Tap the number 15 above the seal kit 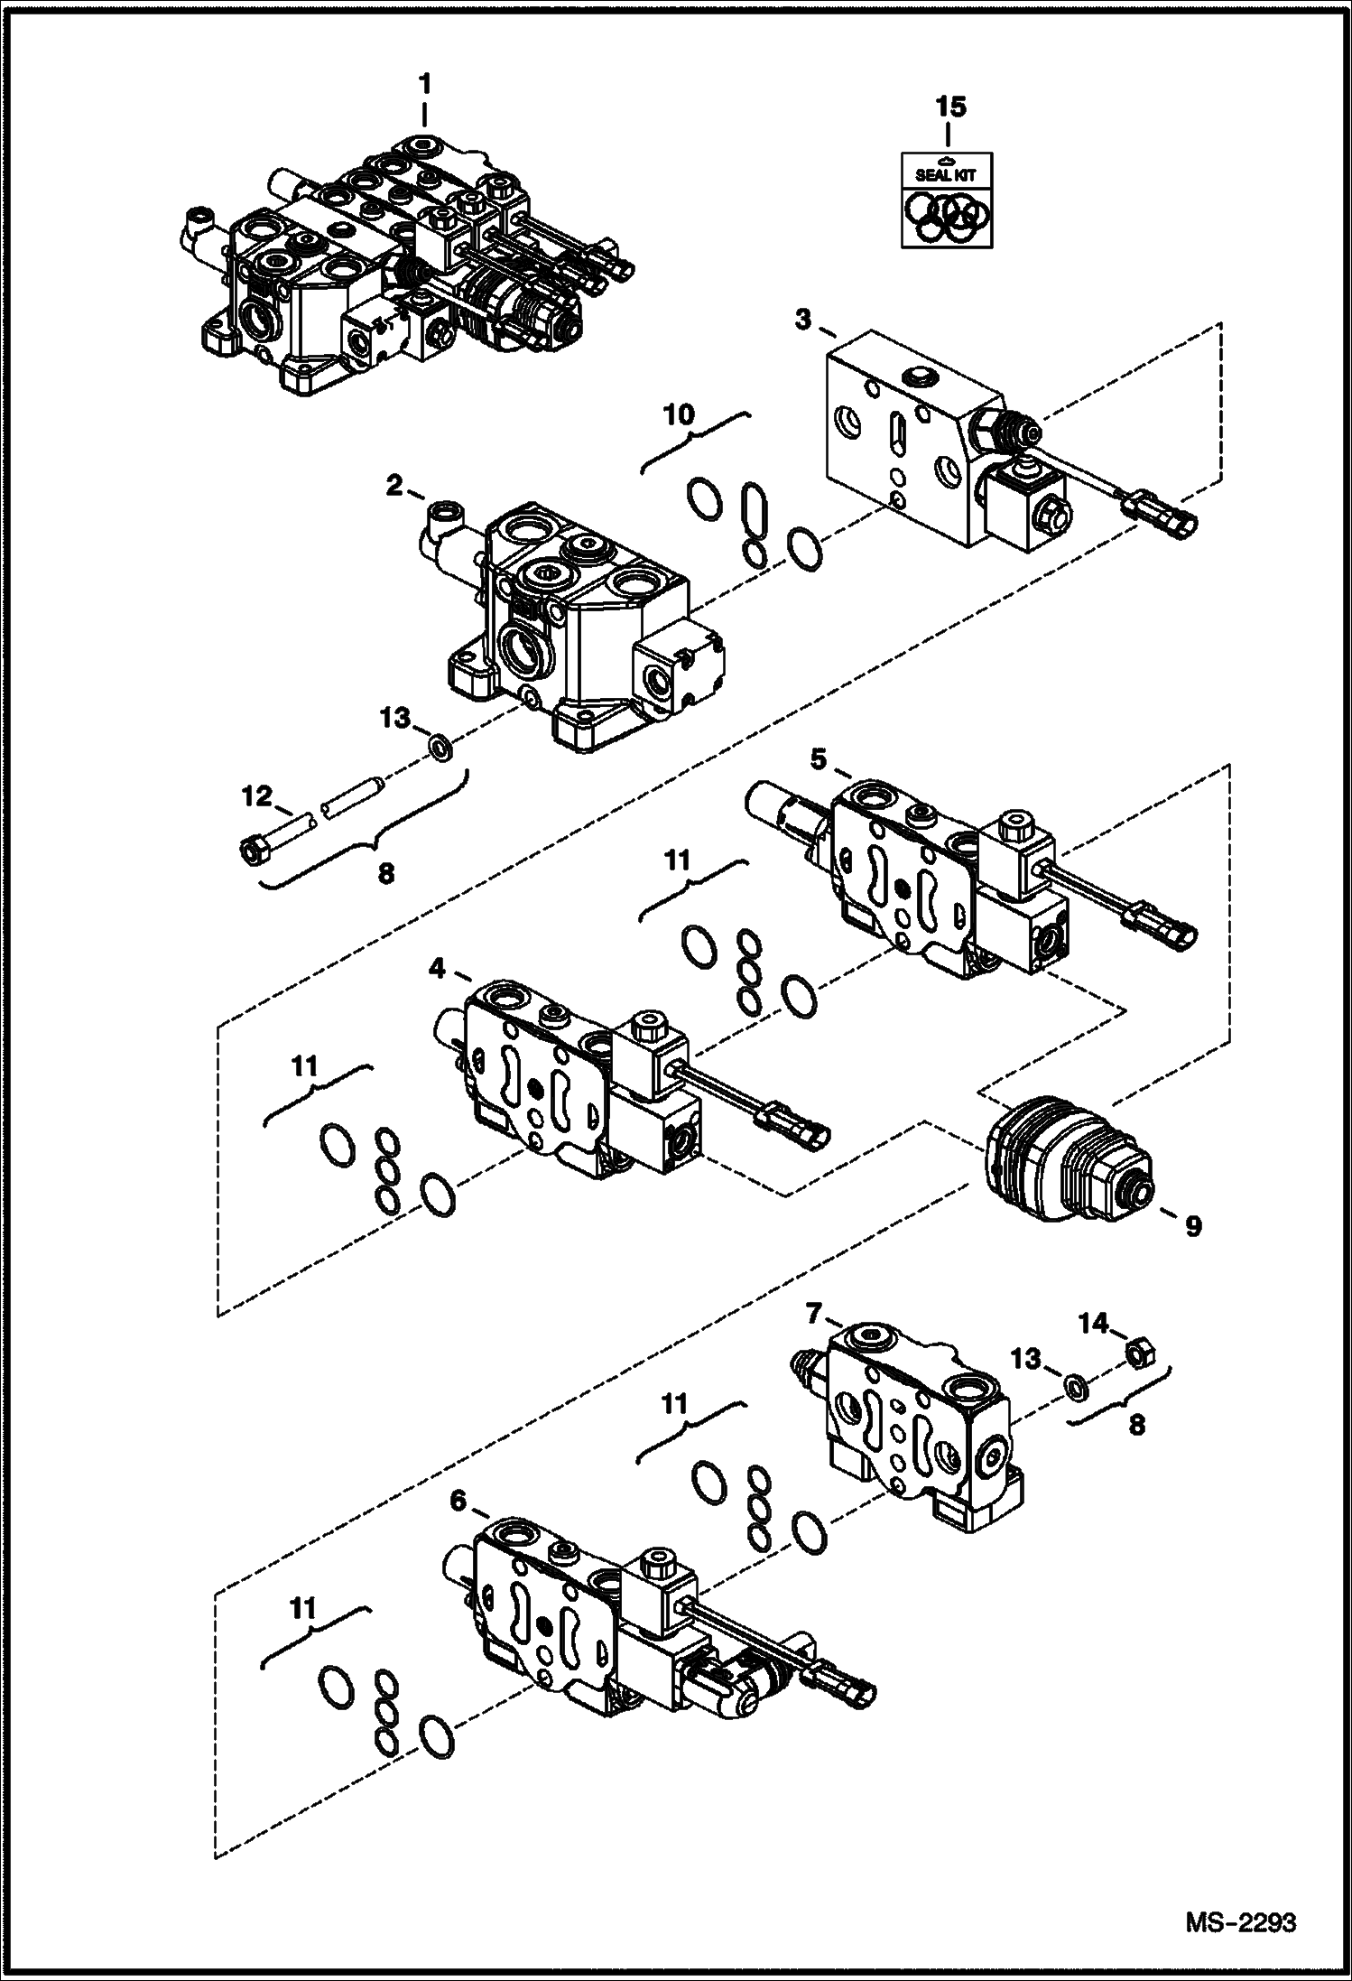coord(950,107)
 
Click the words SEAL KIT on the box coord(939,175)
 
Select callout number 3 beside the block coord(802,319)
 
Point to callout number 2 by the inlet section coord(394,486)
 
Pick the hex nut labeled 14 coord(1139,1352)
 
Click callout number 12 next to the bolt coord(256,796)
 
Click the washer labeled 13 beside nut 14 coord(1073,1385)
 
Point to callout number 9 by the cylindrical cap coord(1192,1227)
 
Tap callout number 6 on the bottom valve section coord(458,1501)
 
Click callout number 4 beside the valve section coord(437,969)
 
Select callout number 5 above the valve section coord(818,759)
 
